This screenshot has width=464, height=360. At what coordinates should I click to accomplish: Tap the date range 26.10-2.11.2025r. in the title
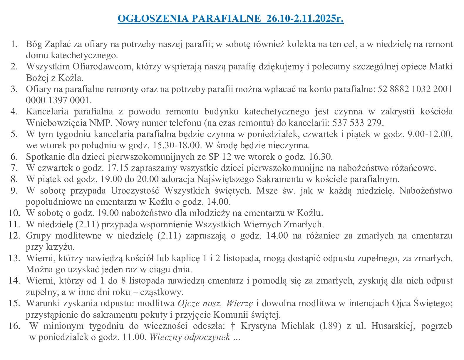point(305,19)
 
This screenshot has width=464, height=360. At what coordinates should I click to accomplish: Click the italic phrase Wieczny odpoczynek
point(190,337)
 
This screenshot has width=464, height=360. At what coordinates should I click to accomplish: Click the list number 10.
point(14,213)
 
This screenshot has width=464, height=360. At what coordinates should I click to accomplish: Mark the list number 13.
point(14,258)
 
